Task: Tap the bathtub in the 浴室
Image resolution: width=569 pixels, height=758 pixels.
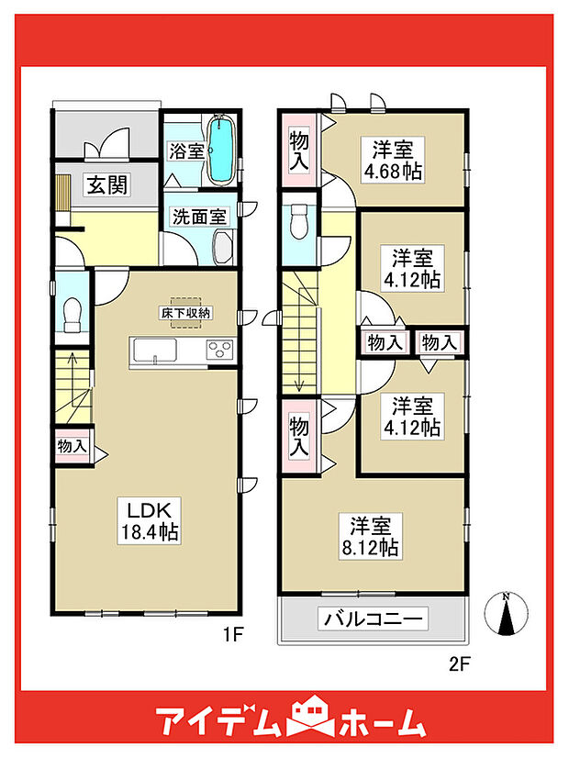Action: (220, 150)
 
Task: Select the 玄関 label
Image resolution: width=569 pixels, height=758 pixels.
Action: (107, 184)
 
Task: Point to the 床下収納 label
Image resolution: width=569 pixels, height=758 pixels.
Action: (186, 314)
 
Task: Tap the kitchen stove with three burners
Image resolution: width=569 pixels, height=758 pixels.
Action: (221, 349)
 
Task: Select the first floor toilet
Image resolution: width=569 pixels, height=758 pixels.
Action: (73, 316)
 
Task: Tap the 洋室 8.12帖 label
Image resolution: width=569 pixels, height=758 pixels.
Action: (373, 537)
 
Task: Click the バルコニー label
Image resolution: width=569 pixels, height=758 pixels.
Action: (374, 620)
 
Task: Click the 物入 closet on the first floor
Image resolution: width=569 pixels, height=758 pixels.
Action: (72, 446)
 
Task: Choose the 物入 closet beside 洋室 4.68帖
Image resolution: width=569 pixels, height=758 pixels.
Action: (299, 150)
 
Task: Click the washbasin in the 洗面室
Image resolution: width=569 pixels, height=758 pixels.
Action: (222, 246)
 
